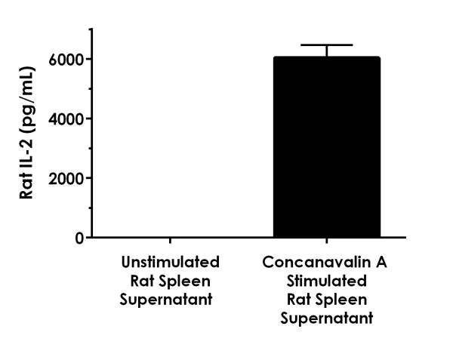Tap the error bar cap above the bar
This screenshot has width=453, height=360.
[x=326, y=45]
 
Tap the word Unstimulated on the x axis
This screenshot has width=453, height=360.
[x=170, y=263]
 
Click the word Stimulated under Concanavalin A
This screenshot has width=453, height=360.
[x=326, y=282]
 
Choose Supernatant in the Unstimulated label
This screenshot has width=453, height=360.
[x=170, y=300]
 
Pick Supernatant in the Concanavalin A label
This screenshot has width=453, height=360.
[x=326, y=318]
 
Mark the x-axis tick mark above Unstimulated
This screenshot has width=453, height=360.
[x=170, y=242]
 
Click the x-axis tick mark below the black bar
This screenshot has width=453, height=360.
[x=326, y=242]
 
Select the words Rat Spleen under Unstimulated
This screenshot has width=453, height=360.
[x=170, y=282]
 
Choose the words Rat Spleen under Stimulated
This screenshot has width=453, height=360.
[x=326, y=300]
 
